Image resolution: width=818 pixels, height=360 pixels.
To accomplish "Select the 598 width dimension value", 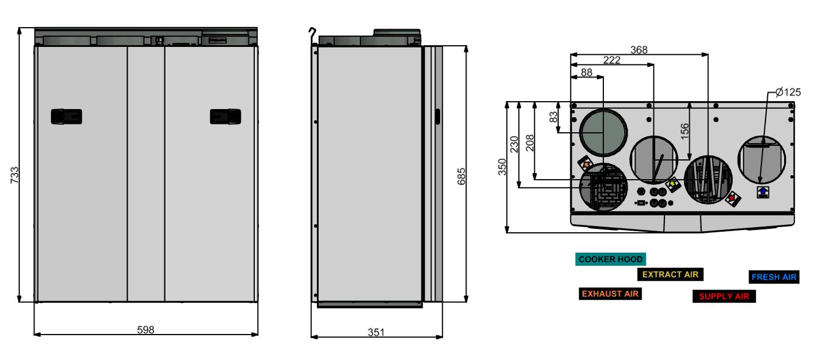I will [146, 329].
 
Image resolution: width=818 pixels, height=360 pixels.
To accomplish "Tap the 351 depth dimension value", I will [376, 332].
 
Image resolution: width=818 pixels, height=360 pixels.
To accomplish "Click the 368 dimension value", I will [639, 50].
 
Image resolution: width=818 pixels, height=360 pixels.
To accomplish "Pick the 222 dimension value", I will [612, 60].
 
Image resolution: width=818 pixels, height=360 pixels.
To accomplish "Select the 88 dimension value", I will [587, 72].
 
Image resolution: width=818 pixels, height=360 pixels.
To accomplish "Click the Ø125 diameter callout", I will [787, 92].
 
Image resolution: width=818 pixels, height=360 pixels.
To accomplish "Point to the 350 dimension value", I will [502, 167].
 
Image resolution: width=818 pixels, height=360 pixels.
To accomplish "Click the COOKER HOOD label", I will [611, 259].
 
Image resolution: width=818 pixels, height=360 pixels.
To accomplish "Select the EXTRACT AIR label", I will [670, 275].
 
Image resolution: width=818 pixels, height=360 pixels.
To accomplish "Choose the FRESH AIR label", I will [773, 277].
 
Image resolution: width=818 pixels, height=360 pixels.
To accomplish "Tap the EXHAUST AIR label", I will [610, 294].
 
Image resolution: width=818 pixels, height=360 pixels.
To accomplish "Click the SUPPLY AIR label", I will [724, 296].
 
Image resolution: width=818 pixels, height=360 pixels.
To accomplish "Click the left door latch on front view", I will [67, 116].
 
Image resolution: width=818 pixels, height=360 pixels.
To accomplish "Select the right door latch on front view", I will [226, 116].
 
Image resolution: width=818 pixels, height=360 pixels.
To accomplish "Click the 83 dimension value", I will [554, 117].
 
